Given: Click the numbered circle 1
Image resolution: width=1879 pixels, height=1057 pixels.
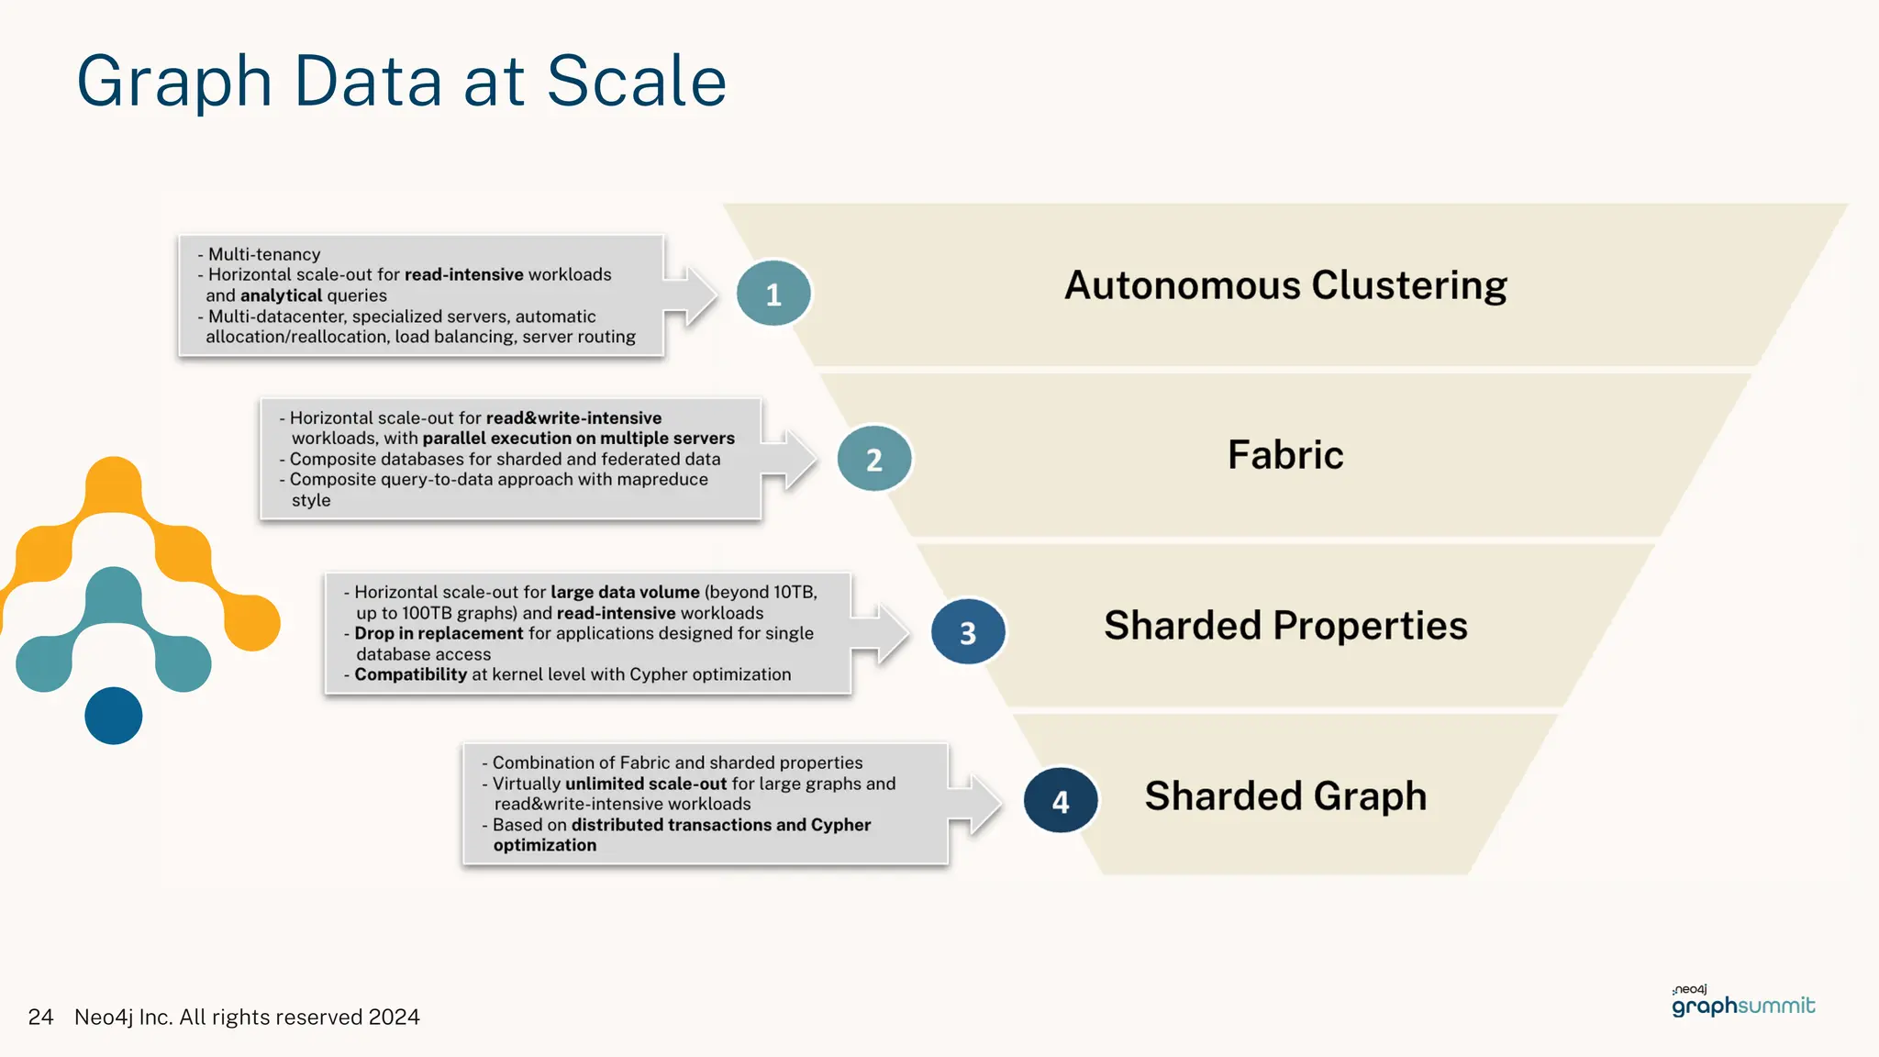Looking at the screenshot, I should (773, 294).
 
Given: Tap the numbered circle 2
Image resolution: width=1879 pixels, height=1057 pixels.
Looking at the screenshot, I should (874, 459).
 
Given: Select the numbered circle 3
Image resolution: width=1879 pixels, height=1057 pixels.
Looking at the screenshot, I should (968, 632).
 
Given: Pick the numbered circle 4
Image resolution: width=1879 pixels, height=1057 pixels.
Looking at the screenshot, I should (1061, 801).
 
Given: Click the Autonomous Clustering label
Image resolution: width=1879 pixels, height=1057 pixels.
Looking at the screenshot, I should (1285, 285).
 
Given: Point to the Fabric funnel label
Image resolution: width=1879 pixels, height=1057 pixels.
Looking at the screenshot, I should (1285, 455).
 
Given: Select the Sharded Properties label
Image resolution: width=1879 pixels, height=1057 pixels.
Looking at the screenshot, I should (1285, 626).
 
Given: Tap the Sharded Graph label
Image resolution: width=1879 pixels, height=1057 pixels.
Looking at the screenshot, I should (1285, 796).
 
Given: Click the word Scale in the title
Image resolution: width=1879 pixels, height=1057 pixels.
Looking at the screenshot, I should (636, 81).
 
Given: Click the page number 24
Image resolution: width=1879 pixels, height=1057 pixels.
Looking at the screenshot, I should (40, 1017).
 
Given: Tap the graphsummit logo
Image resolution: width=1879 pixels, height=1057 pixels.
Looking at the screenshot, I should (1742, 1003).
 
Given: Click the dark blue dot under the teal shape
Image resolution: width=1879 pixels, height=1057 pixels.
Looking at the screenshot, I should (114, 716).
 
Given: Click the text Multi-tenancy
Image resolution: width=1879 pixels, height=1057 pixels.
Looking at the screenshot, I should (264, 254).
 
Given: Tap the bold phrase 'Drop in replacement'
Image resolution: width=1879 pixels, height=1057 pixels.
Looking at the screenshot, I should (439, 633).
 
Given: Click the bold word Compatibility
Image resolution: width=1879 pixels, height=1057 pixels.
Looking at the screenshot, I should (410, 674).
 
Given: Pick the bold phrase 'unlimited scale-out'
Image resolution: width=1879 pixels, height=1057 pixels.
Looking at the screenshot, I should (646, 784).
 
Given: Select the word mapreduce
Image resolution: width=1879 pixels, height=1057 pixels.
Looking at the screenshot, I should (662, 479).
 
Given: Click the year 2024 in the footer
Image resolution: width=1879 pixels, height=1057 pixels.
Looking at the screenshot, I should (394, 1017).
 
